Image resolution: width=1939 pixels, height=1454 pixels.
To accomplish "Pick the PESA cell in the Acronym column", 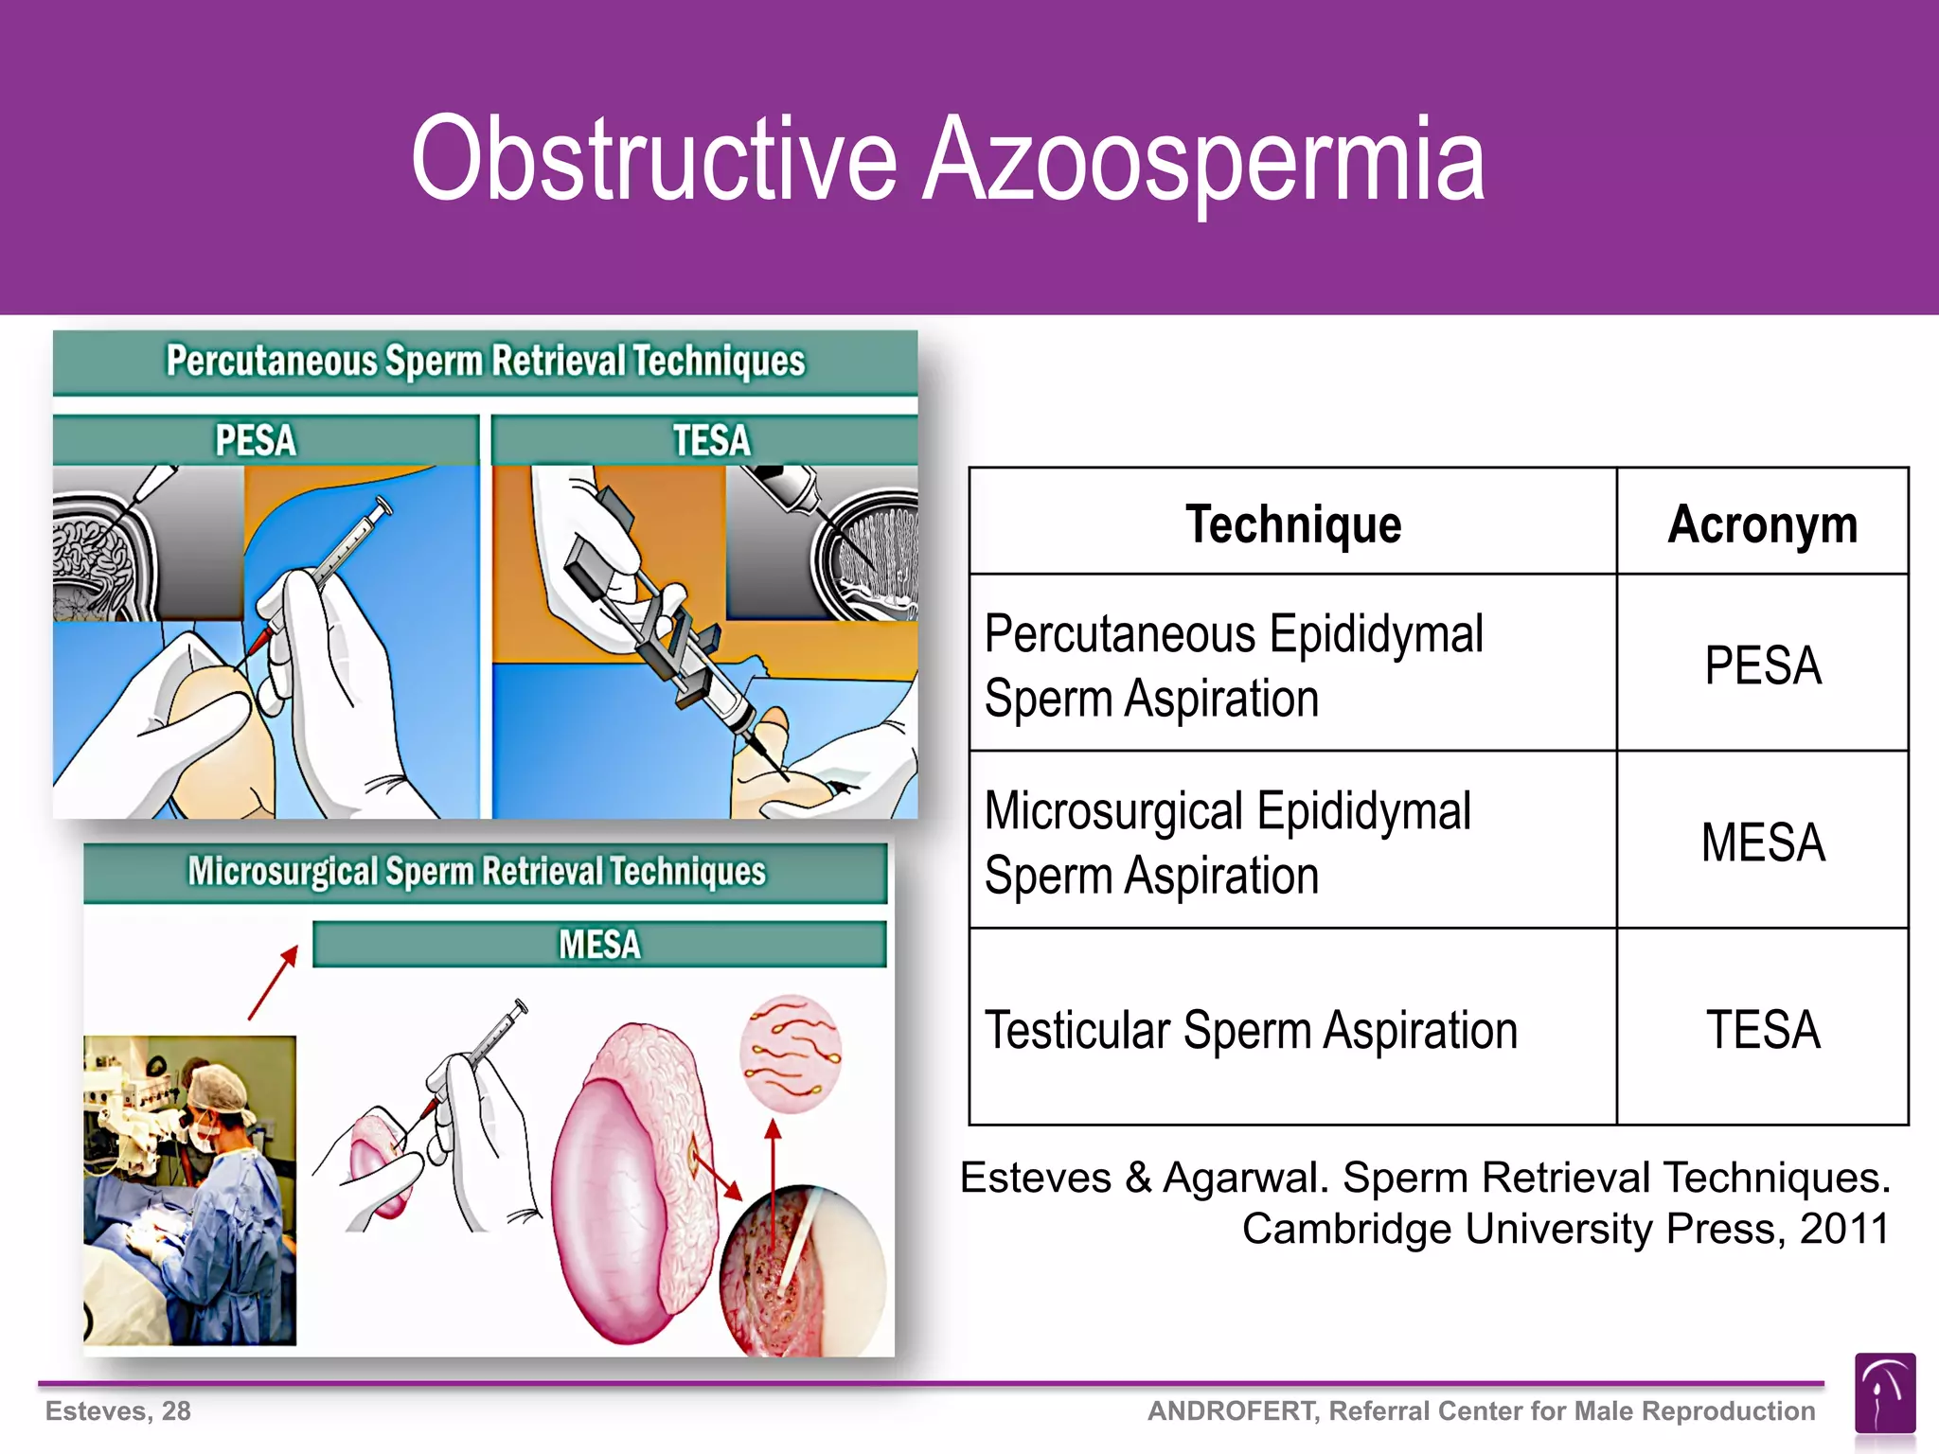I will tap(1762, 665).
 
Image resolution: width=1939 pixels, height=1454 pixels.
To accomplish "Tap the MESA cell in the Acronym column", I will tap(1762, 842).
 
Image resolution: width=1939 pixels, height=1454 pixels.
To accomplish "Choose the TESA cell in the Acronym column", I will tap(1762, 1029).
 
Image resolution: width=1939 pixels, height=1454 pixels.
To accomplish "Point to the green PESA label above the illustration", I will tap(256, 440).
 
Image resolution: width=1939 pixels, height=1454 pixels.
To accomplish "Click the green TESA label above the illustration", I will tap(711, 440).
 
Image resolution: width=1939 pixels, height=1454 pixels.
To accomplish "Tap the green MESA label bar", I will tap(599, 944).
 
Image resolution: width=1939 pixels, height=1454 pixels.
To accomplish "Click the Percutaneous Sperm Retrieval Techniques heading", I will tap(485, 362).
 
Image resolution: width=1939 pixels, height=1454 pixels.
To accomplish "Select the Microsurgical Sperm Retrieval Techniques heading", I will tap(476, 871).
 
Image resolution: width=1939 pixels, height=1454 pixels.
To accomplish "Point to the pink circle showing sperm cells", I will tap(791, 1053).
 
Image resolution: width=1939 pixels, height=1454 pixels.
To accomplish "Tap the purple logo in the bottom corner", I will tap(1884, 1393).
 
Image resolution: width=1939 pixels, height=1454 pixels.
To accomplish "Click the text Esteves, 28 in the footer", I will tap(118, 1410).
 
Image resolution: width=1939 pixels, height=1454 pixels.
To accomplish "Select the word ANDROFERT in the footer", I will tap(1233, 1410).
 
